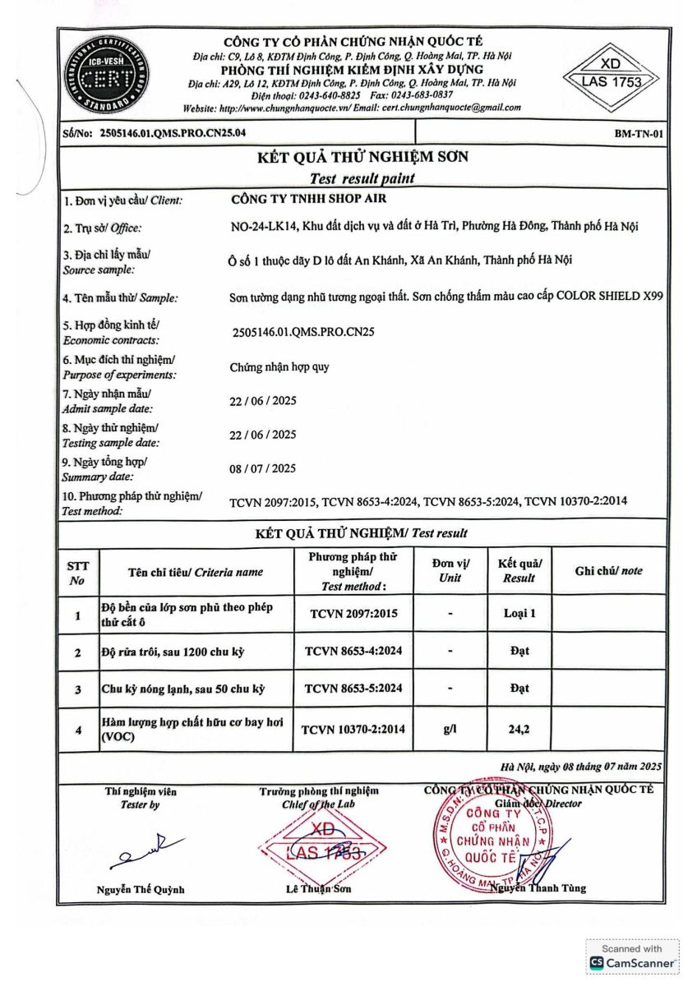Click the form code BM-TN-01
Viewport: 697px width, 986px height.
(639, 132)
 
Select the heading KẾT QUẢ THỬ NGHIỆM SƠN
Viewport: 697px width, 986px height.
(362, 157)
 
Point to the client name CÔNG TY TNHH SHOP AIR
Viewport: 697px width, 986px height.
(309, 198)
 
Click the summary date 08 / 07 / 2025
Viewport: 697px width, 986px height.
(262, 468)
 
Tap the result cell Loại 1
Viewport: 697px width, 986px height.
(519, 613)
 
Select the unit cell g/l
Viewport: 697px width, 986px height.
(450, 729)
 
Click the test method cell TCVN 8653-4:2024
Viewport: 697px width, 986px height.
(353, 651)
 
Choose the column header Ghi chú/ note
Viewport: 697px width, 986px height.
(608, 571)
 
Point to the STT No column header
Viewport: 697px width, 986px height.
(78, 572)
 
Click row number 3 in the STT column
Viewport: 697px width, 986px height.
(78, 689)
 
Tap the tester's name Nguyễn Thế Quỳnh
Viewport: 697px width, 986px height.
(140, 889)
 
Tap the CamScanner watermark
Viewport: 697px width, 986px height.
(633, 956)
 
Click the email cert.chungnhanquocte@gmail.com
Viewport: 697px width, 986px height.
(450, 108)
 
